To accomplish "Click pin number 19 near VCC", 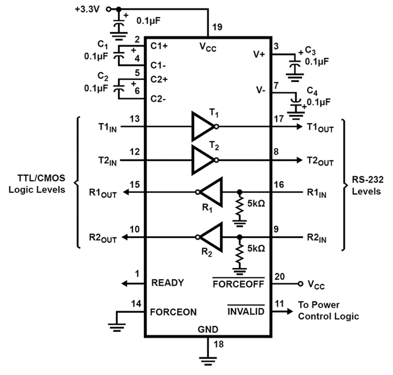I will coord(217,27).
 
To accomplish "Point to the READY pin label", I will coord(167,283).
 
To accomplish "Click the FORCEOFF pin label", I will coord(238,284).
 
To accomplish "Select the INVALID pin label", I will coord(246,312).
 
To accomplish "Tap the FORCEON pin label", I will coord(173,312).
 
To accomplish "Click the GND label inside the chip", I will coord(208,329).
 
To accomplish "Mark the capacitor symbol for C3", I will coord(294,65).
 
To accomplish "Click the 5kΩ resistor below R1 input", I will coord(240,206).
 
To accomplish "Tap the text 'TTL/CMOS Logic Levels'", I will coord(37,184).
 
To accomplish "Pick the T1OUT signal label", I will coord(320,127).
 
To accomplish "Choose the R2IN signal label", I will coord(317,238).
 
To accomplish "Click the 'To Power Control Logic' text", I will coord(328,310).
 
